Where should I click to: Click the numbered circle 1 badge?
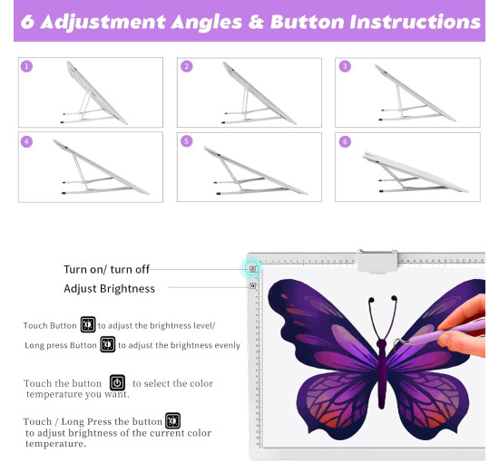[26, 66]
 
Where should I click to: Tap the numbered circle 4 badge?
[26, 141]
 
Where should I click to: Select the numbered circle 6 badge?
[346, 141]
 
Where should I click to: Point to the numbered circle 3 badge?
[346, 66]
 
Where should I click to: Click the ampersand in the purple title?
[256, 22]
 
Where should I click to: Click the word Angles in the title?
[207, 23]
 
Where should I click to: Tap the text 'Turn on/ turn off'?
[107, 269]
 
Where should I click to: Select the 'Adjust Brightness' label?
[109, 288]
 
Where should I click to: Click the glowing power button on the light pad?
[252, 269]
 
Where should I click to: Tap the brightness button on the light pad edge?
[252, 285]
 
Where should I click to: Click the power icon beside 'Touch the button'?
[117, 382]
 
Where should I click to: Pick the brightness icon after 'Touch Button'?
[88, 324]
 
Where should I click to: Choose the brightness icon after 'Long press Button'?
[108, 344]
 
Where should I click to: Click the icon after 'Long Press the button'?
[172, 420]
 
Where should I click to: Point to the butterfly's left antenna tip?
[371, 300]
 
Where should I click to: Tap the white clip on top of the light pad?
[377, 261]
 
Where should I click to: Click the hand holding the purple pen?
[463, 326]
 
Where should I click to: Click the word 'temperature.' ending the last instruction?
[56, 444]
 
